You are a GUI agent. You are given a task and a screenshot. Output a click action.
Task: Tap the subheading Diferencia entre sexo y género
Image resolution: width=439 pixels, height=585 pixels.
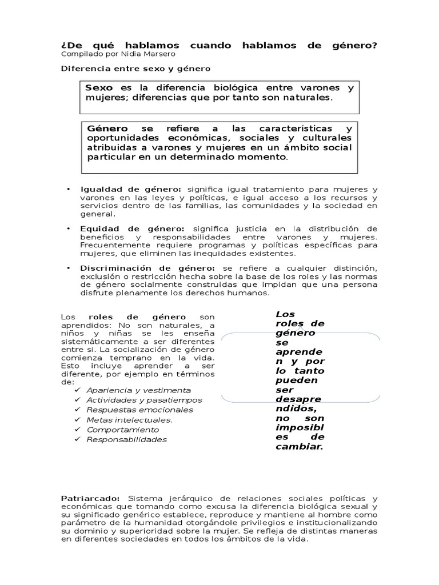pyautogui.click(x=136, y=68)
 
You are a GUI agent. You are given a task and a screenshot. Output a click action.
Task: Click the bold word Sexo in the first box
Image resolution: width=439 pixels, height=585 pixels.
pyautogui.click(x=99, y=88)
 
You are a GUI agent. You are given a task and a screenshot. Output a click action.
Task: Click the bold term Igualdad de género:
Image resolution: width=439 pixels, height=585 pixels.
pyautogui.click(x=131, y=189)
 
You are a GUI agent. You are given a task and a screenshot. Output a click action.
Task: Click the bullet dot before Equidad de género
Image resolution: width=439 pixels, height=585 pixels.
pyautogui.click(x=67, y=229)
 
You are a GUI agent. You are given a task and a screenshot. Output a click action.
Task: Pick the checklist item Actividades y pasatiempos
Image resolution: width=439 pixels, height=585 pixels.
pyautogui.click(x=144, y=400)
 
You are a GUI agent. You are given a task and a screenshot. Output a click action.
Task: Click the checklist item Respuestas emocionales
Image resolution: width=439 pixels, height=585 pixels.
pyautogui.click(x=139, y=410)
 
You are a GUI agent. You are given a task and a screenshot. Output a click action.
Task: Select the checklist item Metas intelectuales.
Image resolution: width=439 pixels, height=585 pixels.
pyautogui.click(x=129, y=420)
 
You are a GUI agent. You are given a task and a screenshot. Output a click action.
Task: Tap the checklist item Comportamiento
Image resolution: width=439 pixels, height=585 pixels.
pyautogui.click(x=122, y=430)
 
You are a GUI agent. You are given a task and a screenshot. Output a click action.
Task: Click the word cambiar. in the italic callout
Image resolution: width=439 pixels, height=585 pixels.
pyautogui.click(x=300, y=446)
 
